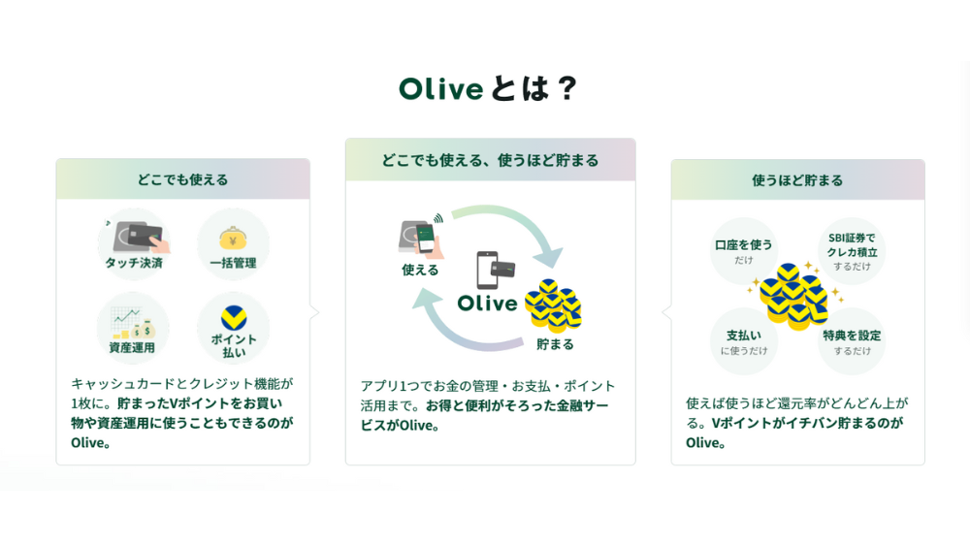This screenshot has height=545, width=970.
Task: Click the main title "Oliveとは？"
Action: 488,89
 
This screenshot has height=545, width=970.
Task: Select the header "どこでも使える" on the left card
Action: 182,180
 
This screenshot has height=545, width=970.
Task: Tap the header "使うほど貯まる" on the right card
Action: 797,180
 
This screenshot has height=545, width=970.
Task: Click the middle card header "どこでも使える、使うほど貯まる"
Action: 490,161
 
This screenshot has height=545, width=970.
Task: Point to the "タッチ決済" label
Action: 134,263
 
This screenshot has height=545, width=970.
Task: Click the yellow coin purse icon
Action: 233,239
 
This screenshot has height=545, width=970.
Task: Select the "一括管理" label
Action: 233,263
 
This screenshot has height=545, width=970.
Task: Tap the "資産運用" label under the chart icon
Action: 132,348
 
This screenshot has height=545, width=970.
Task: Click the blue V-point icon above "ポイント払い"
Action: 233,318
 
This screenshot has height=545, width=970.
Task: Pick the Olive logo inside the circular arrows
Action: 487,304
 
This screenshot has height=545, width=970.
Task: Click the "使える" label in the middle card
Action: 420,271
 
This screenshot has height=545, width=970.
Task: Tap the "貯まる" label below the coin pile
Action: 555,344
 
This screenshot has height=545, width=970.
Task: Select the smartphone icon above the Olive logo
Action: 487,271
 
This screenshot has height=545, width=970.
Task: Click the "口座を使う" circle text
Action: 744,245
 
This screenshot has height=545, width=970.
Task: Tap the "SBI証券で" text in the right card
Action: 852,238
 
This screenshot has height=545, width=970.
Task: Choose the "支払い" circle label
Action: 744,336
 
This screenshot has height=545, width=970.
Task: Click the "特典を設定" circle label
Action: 852,336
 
